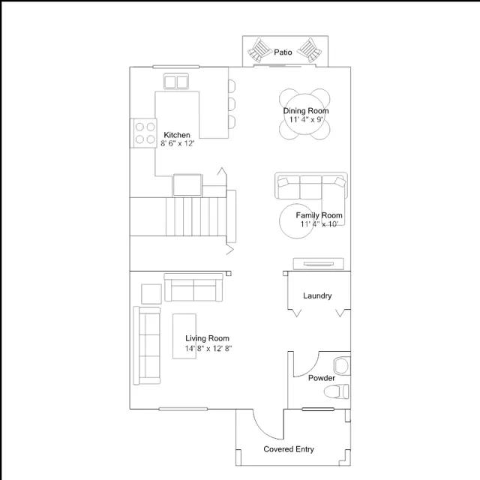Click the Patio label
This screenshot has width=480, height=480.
(x=283, y=52)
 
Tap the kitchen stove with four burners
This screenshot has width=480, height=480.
(x=143, y=133)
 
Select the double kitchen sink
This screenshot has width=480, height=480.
(x=176, y=82)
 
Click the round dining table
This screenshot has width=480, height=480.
(x=304, y=114)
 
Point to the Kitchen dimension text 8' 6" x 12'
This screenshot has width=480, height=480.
(x=178, y=143)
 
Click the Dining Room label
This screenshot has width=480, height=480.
(x=306, y=111)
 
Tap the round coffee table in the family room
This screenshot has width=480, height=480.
(x=296, y=221)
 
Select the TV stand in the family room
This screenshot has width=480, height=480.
(x=318, y=264)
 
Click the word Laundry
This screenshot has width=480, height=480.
(x=317, y=295)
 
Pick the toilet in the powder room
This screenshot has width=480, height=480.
(x=337, y=391)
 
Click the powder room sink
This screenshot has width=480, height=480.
(x=342, y=366)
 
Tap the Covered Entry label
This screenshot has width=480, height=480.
(x=289, y=449)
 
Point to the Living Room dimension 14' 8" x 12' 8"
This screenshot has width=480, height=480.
(x=208, y=348)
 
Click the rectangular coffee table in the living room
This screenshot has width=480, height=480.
(x=184, y=336)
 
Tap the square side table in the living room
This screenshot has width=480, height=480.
(x=151, y=294)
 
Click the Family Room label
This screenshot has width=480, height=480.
(x=319, y=215)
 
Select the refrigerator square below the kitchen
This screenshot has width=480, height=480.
(x=187, y=185)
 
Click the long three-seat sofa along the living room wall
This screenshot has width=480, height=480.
(x=147, y=345)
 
